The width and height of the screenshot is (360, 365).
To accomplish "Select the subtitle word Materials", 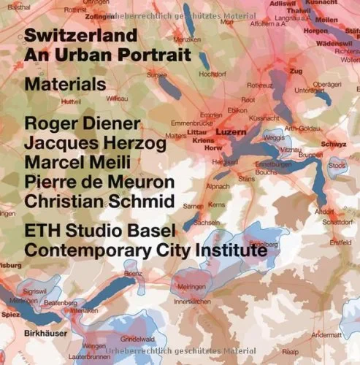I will [x=64, y=85].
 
